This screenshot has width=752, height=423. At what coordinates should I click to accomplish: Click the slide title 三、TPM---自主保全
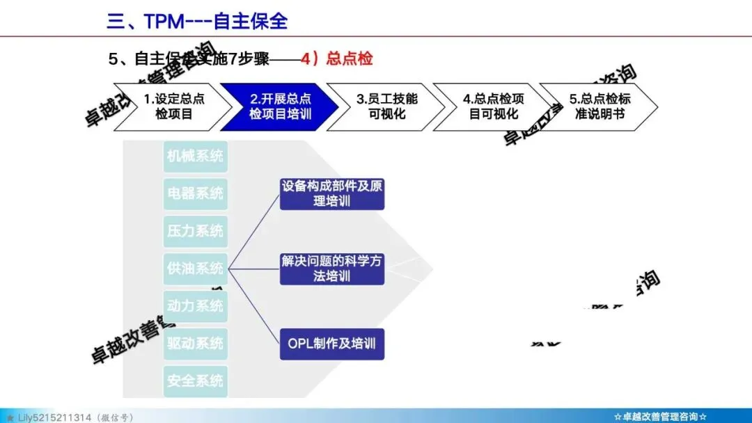(x=197, y=21)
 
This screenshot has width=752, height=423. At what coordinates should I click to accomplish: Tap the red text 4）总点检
(x=337, y=58)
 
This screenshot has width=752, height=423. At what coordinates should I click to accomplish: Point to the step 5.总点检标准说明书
(x=600, y=106)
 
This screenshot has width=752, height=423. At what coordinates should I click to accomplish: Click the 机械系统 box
(x=195, y=156)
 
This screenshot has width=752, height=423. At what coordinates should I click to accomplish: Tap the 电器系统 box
(x=195, y=193)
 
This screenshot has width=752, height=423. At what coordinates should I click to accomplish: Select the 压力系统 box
(x=195, y=230)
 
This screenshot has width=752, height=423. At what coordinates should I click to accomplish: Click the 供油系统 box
(x=195, y=268)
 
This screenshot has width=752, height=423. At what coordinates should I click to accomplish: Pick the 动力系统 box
(x=195, y=305)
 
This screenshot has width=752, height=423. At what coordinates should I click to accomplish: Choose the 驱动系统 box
(x=195, y=343)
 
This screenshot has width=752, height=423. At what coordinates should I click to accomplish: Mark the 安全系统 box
(x=195, y=381)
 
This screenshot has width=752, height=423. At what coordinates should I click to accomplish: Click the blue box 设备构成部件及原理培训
(x=332, y=193)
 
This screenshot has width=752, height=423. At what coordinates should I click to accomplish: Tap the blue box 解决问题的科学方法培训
(x=332, y=269)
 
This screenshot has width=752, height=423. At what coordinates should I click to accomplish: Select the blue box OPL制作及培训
(x=332, y=344)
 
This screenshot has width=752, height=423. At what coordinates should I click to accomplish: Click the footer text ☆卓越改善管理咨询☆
(x=660, y=417)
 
